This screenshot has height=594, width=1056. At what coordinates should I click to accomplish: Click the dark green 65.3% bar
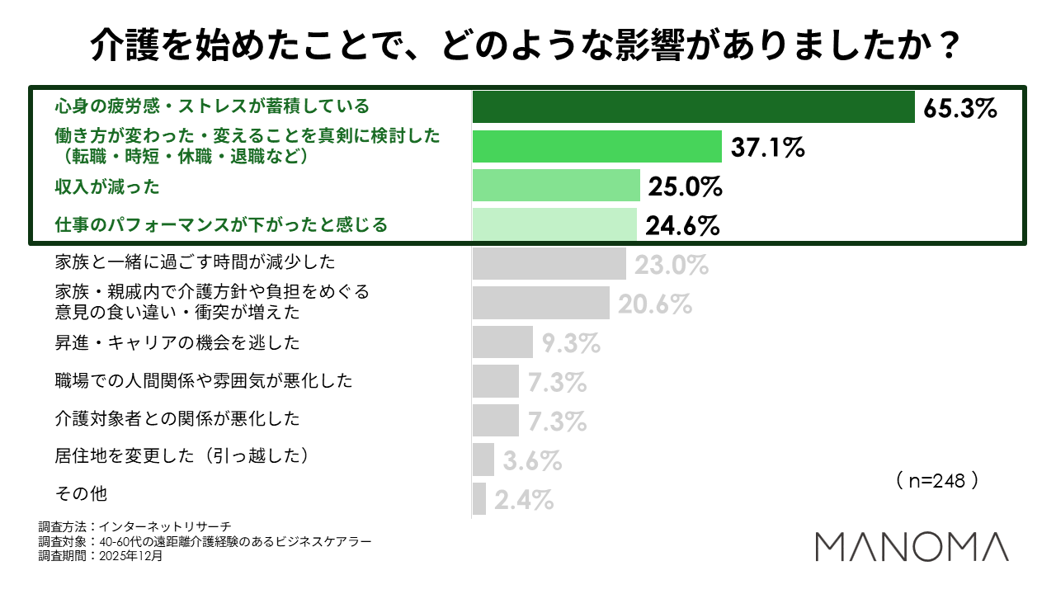point(693,107)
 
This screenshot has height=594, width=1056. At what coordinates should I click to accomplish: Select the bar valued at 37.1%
point(597,147)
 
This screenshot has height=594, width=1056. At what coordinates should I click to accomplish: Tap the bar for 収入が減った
point(556,186)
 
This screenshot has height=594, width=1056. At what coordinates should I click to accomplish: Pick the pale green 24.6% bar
point(554,224)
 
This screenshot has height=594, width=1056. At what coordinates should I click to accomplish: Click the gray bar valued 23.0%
point(549,264)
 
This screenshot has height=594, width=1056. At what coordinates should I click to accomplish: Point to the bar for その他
point(479,499)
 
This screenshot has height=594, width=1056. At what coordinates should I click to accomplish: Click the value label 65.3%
point(961,109)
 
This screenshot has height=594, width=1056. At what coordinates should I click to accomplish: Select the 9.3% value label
point(570,342)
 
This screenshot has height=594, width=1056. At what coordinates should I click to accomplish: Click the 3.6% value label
point(532,460)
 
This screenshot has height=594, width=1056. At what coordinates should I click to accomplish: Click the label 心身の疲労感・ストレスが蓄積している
point(212,106)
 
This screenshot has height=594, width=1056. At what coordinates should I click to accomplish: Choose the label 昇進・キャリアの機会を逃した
point(177,342)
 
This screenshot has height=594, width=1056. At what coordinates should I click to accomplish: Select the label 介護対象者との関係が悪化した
point(177,418)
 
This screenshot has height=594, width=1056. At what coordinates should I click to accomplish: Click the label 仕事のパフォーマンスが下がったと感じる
point(221,224)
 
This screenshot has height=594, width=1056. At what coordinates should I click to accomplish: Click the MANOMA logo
point(912,547)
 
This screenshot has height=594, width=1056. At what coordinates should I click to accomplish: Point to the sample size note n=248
point(936,481)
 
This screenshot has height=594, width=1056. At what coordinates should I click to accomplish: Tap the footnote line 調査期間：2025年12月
point(101,556)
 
